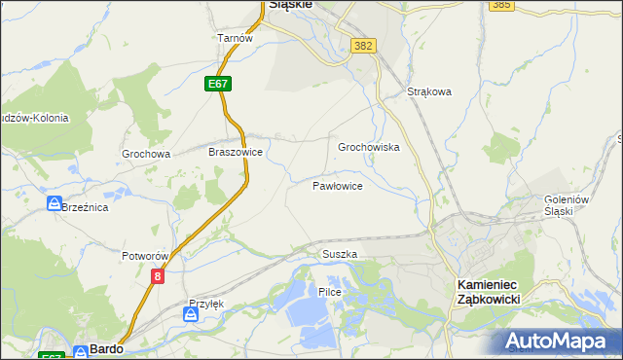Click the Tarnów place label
pos(236,39)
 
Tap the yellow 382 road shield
pos(364,46)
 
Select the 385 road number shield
pos(501,5)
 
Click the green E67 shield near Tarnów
pos(218,85)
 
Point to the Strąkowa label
pos(429,92)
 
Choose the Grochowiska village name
pos(369,147)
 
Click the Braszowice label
pos(236,152)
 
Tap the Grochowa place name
pos(146,154)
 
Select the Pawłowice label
pos(338,185)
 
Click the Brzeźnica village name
pos(85,207)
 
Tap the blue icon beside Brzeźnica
pos(54,203)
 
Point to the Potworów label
pos(146,256)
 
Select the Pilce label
pos(327,292)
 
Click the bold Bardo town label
pos(104,348)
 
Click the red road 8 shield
pos(158,277)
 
